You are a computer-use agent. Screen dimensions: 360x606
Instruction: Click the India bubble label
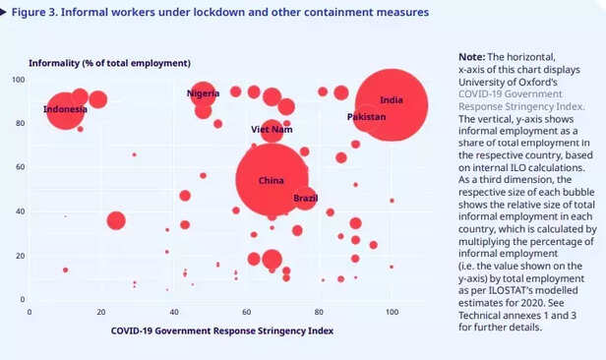click(x=391, y=100)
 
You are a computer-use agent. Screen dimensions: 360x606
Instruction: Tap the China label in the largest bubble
click(x=271, y=181)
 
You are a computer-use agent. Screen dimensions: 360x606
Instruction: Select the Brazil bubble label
click(x=305, y=199)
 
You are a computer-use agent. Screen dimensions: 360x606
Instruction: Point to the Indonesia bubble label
click(x=65, y=109)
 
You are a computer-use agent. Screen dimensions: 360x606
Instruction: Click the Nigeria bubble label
click(x=203, y=93)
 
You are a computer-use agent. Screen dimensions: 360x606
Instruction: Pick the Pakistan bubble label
click(x=366, y=117)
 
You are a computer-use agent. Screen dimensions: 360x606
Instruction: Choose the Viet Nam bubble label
click(x=272, y=130)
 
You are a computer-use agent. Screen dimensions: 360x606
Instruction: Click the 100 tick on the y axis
click(x=17, y=80)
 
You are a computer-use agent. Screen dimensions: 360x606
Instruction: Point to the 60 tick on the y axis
click(x=19, y=167)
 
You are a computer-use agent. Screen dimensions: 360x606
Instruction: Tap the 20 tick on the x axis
click(x=101, y=312)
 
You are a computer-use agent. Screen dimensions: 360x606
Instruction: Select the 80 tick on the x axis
click(x=319, y=312)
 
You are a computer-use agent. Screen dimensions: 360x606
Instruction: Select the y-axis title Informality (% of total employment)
click(x=108, y=63)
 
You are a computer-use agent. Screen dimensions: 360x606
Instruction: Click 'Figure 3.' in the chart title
click(x=38, y=13)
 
